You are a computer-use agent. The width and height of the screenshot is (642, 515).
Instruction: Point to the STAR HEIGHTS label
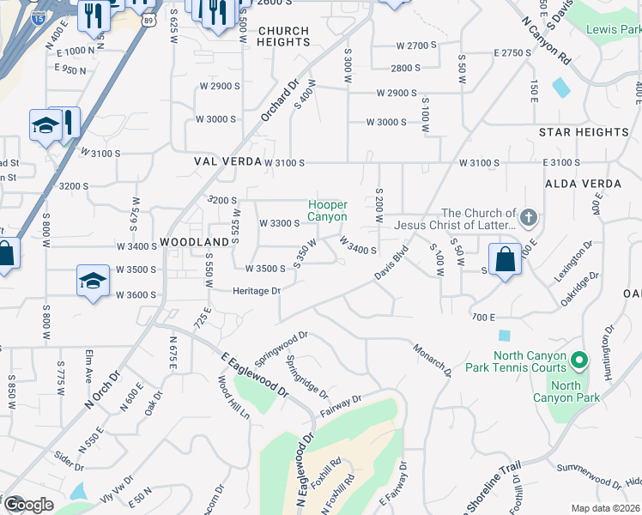584,132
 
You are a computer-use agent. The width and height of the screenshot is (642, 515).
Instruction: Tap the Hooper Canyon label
328,210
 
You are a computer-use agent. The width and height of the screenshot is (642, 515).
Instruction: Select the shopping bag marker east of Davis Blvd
506,259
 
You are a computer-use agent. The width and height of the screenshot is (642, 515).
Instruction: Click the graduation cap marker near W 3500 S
93,282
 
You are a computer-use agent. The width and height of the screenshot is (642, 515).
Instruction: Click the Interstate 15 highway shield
38,16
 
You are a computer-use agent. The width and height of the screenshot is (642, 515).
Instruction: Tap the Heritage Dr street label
257,291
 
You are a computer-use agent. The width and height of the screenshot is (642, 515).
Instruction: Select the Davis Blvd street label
391,264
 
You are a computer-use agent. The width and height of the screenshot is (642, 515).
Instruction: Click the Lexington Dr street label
573,261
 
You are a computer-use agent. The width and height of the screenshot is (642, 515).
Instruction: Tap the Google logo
29,504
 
